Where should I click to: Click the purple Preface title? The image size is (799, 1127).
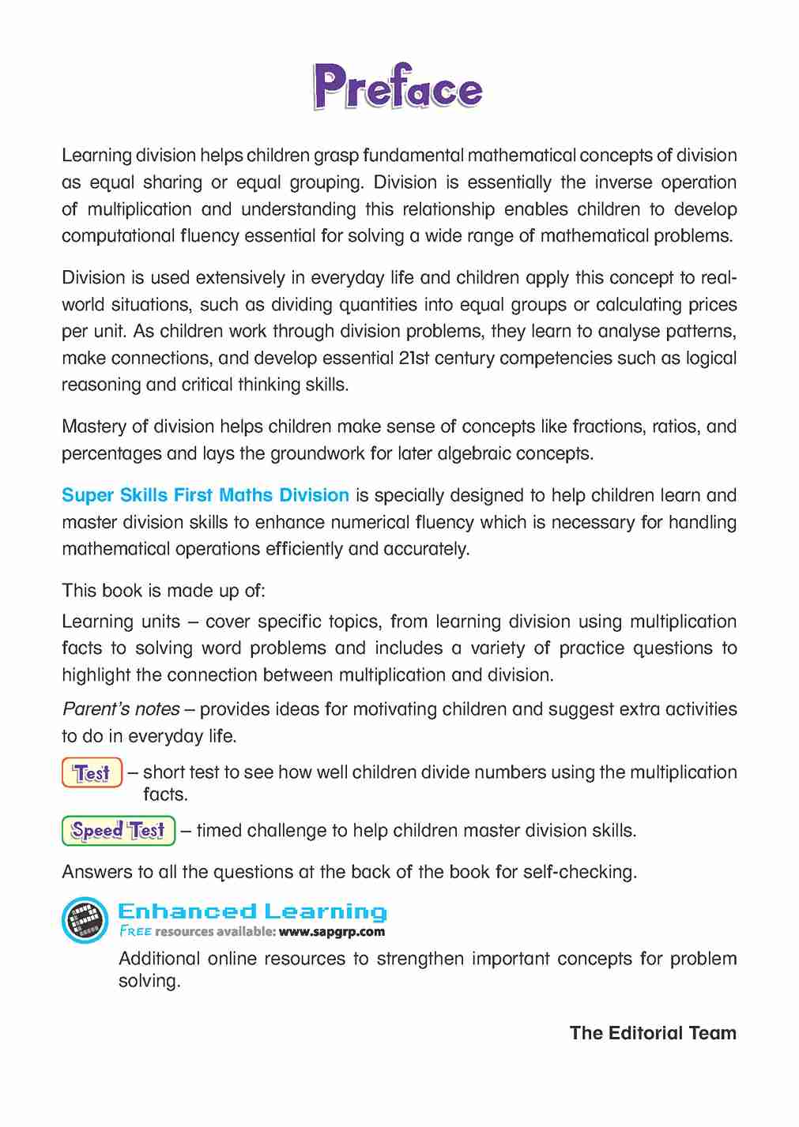tap(398, 87)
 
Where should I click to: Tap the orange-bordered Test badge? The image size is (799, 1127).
tap(92, 772)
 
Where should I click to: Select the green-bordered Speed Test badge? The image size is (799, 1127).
tap(119, 831)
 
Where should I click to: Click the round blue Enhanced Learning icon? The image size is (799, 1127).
tap(85, 920)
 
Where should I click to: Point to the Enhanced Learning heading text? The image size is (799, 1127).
tap(252, 911)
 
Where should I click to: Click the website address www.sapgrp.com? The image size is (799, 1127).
tap(332, 932)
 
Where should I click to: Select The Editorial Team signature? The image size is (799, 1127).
tap(653, 1033)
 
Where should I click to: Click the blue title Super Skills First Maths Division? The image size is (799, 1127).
tap(205, 495)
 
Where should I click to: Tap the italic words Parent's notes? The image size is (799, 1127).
tap(121, 709)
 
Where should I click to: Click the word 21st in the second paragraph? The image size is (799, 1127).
tap(416, 358)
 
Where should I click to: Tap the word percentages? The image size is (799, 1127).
tap(111, 453)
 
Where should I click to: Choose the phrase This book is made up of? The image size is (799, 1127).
tap(164, 591)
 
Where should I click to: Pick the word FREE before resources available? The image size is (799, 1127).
tap(135, 932)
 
